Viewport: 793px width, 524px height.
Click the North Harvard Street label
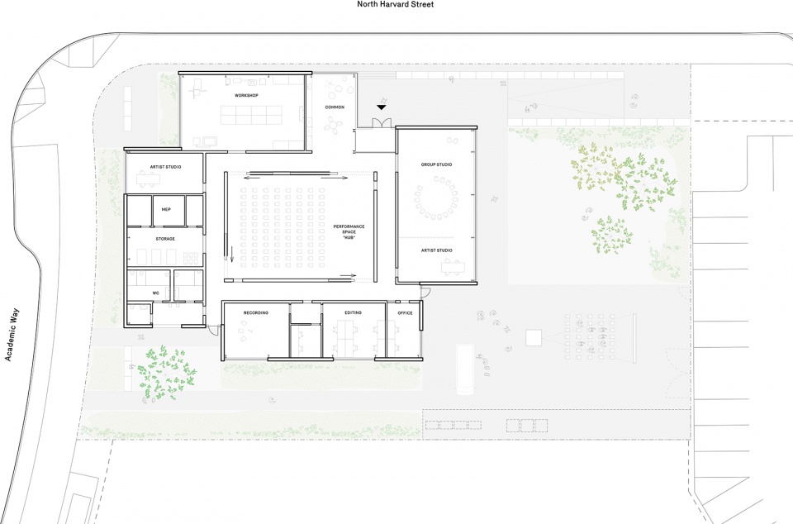(x=395, y=4)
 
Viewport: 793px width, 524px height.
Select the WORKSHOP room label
(x=246, y=96)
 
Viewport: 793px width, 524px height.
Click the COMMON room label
(x=335, y=107)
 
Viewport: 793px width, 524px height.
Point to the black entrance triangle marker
(x=382, y=107)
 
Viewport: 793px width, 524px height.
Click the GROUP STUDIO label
(x=436, y=164)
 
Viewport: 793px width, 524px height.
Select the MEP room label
(x=166, y=209)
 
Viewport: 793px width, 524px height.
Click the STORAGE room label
(x=165, y=239)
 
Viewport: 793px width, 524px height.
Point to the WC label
(x=156, y=293)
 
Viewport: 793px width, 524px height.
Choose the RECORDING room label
(x=256, y=313)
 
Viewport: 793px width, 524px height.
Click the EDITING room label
(x=353, y=313)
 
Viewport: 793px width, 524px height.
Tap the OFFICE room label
(x=405, y=313)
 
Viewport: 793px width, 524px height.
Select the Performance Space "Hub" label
(x=349, y=232)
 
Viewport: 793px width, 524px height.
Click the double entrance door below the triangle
(x=382, y=123)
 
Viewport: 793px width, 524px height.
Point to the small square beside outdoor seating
(x=534, y=338)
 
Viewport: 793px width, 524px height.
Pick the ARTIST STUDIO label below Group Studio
(x=436, y=250)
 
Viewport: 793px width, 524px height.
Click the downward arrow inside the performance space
(x=232, y=255)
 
